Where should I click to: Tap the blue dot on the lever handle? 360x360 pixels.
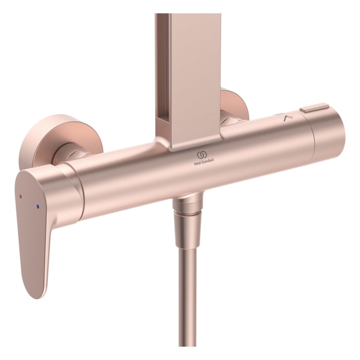37,206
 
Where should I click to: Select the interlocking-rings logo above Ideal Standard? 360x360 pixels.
202,154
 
